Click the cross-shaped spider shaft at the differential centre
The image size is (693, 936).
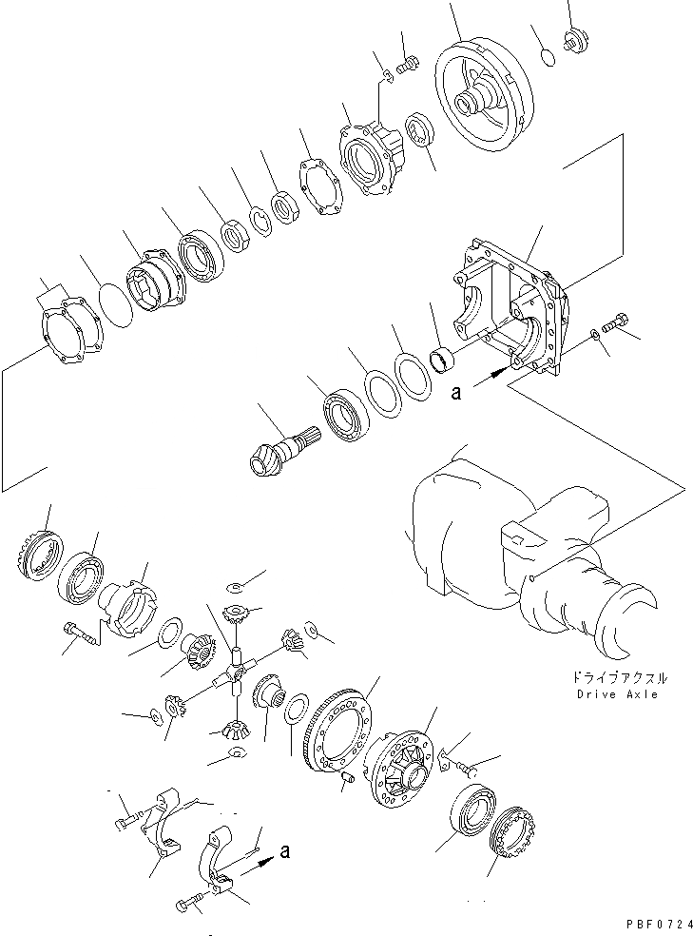coord(234,675)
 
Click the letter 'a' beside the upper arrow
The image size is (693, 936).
coord(456,391)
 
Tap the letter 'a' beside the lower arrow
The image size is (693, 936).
coord(285,854)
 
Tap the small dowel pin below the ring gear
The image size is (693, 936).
coord(347,777)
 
